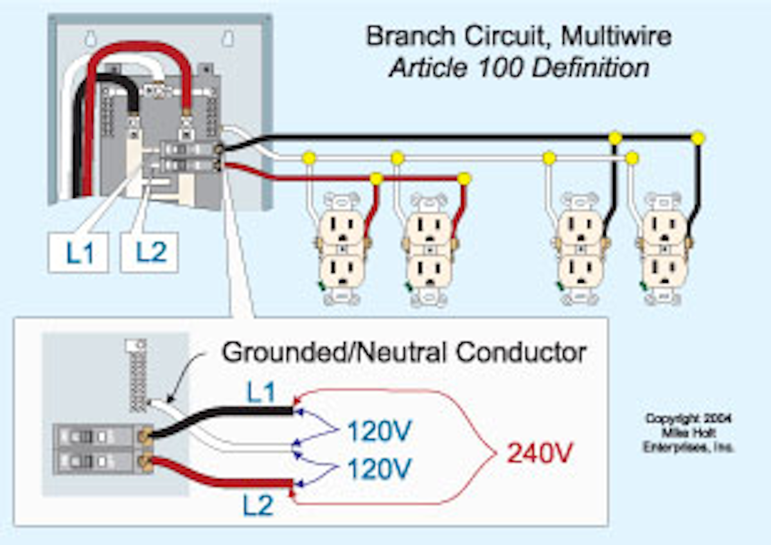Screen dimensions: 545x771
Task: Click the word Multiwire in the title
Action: [616, 37]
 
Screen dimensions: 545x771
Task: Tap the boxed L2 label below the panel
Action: [149, 253]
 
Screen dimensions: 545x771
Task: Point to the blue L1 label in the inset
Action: [260, 393]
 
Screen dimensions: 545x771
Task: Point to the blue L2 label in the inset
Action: [259, 507]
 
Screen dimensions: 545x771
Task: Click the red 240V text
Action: [539, 454]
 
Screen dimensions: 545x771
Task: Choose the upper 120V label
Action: [379, 431]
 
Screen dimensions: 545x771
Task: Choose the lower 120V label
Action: [379, 470]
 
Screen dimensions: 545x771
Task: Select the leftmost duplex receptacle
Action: [342, 251]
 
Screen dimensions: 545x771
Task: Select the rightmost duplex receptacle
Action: [666, 251]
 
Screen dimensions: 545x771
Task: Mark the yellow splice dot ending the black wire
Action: [698, 138]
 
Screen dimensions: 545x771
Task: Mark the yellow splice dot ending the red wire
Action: [464, 178]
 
